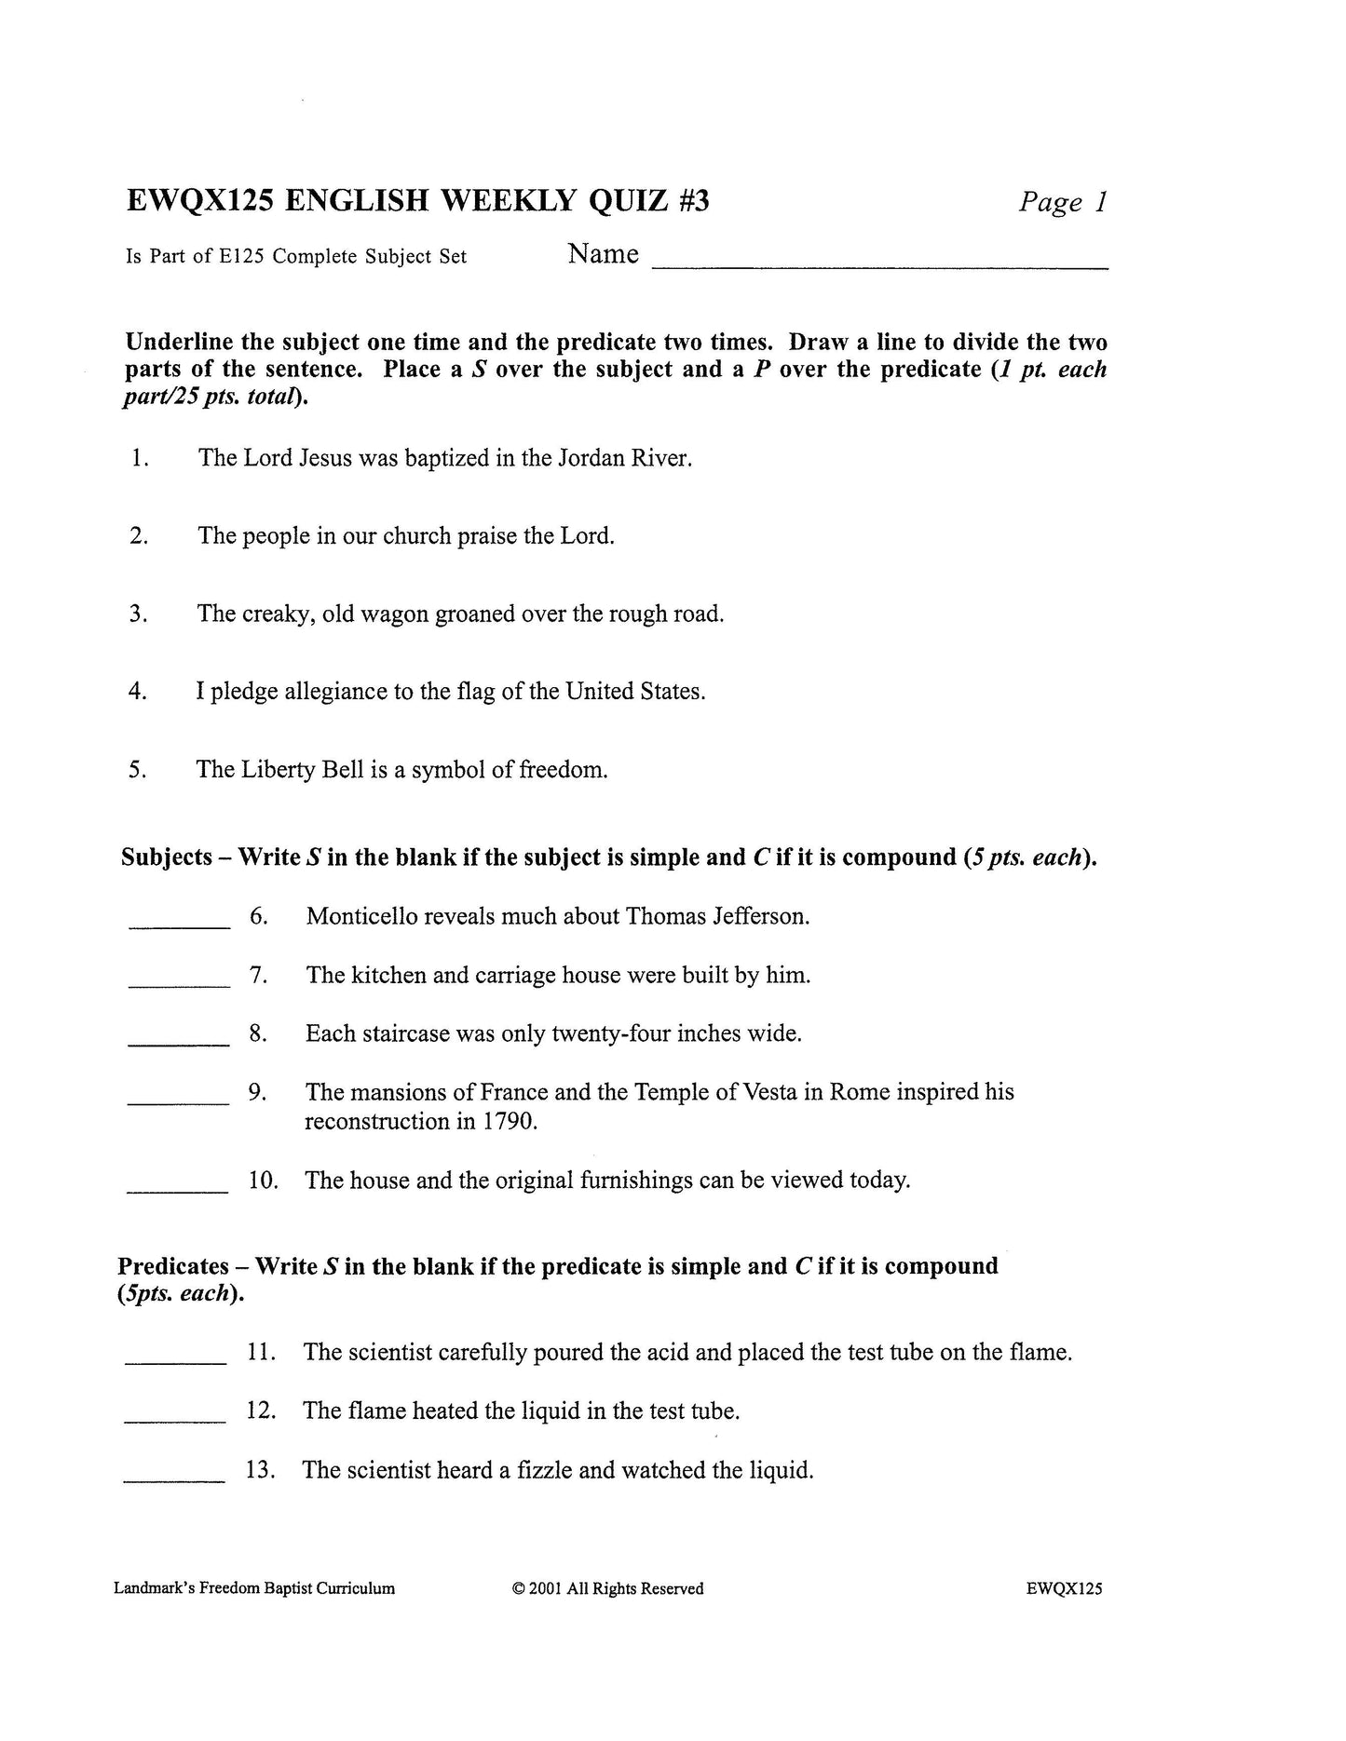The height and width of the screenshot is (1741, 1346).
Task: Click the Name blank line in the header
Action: tap(879, 266)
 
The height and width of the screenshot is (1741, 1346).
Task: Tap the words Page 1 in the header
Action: tap(1063, 202)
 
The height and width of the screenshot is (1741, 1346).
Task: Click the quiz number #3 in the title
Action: tap(690, 201)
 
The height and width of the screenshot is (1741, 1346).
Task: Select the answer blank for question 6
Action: tap(179, 924)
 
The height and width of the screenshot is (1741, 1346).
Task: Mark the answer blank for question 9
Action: tap(179, 1101)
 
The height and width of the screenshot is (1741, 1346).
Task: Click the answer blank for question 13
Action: tap(174, 1478)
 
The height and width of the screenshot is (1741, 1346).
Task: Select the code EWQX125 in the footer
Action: tap(1064, 1589)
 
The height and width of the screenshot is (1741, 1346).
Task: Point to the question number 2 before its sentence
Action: tap(139, 537)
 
